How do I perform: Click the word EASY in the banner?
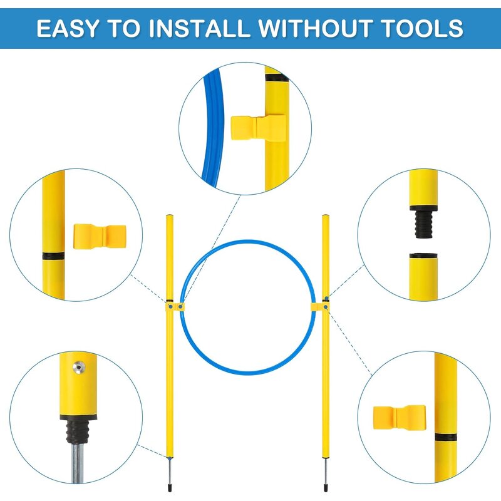67,28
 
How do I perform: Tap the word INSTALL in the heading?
199,28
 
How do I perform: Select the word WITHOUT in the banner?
314,28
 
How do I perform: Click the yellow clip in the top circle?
258,128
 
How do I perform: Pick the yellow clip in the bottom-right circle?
399,418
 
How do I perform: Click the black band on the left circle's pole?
53,256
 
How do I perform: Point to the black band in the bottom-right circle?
446,437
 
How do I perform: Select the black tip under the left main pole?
170,488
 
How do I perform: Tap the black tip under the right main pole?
325,488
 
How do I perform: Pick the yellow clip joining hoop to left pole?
175,307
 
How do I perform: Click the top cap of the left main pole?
170,215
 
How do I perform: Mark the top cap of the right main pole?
325,215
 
